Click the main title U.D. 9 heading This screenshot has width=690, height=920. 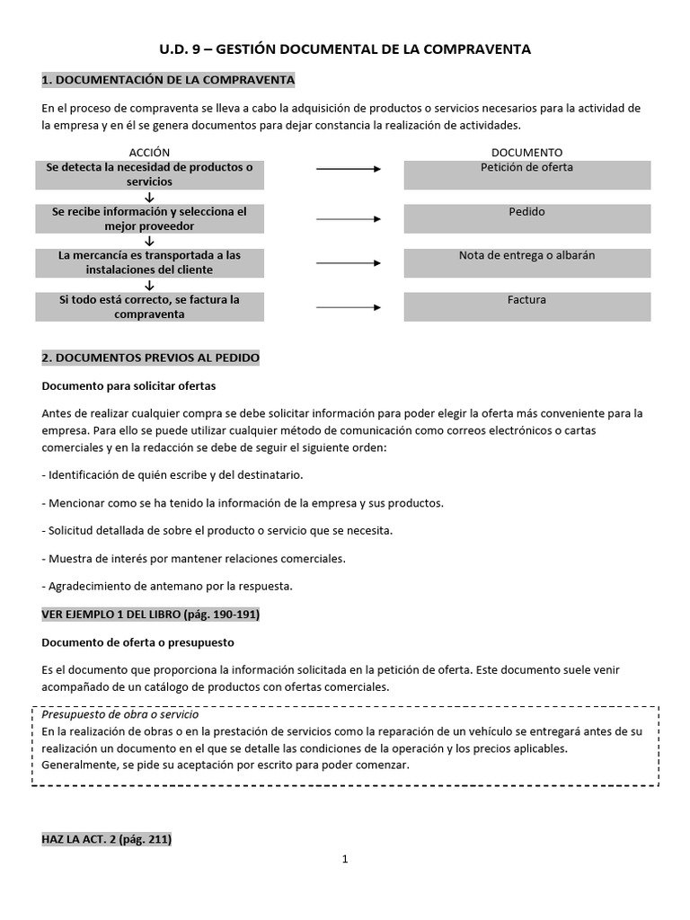[x=345, y=49]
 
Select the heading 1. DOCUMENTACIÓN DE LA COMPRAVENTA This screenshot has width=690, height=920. [x=168, y=81]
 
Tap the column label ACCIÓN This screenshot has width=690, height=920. [x=149, y=153]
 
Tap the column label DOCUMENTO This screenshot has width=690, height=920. [x=526, y=153]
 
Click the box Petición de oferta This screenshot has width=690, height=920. [x=526, y=174]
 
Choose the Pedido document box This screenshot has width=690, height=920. [x=526, y=219]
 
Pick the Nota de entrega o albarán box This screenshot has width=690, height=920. [x=526, y=262]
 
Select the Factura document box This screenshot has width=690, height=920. [x=526, y=306]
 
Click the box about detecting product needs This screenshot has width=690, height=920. [x=150, y=174]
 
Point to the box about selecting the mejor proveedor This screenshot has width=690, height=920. [x=150, y=219]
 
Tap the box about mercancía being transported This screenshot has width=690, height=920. [x=150, y=262]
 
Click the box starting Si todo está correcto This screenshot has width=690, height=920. [x=150, y=306]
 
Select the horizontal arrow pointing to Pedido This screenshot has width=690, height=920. [x=349, y=219]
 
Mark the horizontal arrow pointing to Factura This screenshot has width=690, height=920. [x=349, y=307]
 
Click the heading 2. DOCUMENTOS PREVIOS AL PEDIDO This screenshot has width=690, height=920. [x=151, y=358]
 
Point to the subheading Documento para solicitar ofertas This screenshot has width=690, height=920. [x=129, y=385]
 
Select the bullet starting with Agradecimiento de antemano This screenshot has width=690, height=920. [x=167, y=587]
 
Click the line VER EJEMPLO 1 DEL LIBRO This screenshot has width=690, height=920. [x=151, y=615]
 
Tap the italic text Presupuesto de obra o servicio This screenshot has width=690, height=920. [x=119, y=713]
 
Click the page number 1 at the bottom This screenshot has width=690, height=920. [x=345, y=859]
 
